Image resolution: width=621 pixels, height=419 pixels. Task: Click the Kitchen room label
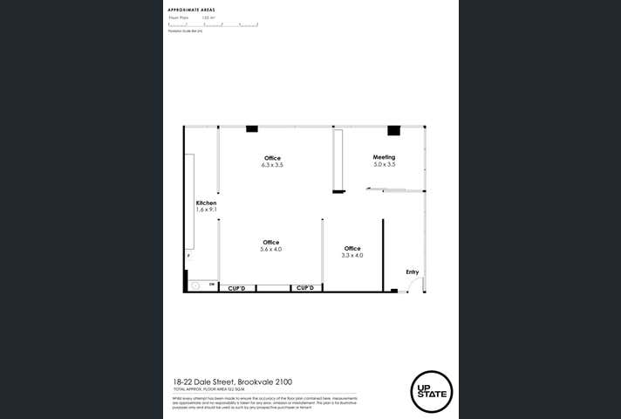tap(206, 203)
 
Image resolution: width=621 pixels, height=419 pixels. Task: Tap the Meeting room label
tap(385, 157)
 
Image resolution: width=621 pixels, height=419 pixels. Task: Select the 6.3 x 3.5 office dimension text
tap(272, 164)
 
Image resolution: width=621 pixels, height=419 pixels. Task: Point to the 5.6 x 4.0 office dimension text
tap(270, 250)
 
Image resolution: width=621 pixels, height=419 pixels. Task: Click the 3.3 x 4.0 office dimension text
tap(352, 256)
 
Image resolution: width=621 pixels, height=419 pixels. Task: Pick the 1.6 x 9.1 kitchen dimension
tap(206, 209)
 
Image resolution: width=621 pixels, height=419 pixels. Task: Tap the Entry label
tap(412, 272)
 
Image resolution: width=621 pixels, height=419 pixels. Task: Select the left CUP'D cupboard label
tap(236, 288)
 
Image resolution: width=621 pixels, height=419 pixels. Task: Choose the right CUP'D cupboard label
tap(304, 288)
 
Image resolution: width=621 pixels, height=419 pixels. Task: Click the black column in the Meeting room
tap(393, 131)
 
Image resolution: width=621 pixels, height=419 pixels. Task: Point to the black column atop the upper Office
tap(252, 128)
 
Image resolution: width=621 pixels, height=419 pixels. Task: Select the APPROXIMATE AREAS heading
tap(191, 10)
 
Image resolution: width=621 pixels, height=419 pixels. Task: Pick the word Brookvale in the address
tap(257, 381)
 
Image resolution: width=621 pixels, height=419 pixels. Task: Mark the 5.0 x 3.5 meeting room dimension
tap(385, 164)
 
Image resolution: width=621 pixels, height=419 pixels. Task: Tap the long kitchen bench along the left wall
tap(189, 201)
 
